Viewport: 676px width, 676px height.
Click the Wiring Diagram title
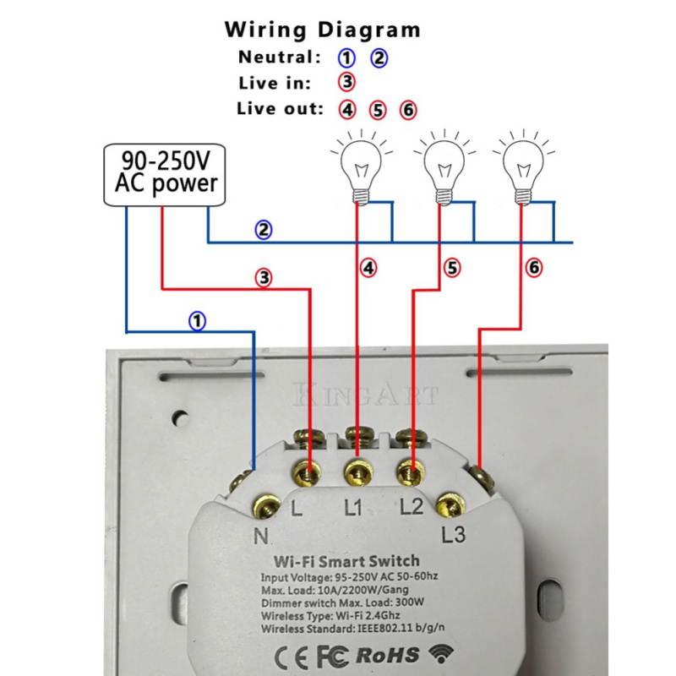(x=322, y=30)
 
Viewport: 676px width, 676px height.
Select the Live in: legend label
(x=275, y=83)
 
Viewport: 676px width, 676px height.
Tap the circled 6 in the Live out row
(x=407, y=109)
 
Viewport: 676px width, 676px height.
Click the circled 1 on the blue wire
(x=197, y=321)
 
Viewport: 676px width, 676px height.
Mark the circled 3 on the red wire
(x=264, y=277)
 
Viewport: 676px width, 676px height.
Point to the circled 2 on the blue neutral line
(x=264, y=230)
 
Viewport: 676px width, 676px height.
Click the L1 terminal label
(x=353, y=509)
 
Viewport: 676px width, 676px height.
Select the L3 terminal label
(x=454, y=534)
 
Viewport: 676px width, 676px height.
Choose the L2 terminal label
(x=411, y=509)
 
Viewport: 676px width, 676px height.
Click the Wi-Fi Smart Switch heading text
(x=346, y=561)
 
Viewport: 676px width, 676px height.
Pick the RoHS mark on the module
(x=388, y=655)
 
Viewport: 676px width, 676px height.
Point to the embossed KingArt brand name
(x=366, y=395)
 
